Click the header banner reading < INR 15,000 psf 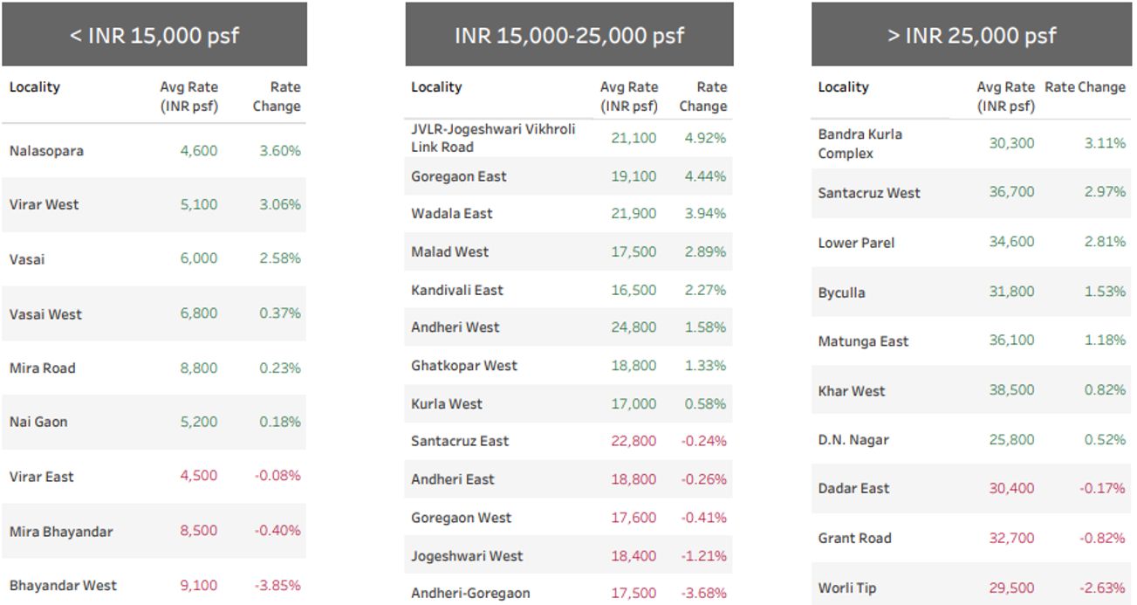click(x=154, y=35)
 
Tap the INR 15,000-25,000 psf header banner click(x=569, y=35)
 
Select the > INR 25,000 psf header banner click(x=971, y=35)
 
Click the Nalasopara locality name click(x=46, y=151)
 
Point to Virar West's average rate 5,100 click(x=199, y=204)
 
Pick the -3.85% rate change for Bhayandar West click(x=279, y=585)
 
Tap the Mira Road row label click(x=42, y=368)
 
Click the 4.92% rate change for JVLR click(x=705, y=138)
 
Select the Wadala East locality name click(x=451, y=214)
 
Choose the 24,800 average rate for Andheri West click(x=634, y=327)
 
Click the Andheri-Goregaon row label click(x=470, y=594)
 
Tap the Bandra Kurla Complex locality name click(x=860, y=144)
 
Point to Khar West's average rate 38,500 click(x=1011, y=390)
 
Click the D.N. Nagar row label click(x=853, y=440)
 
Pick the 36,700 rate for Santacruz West click(x=1011, y=192)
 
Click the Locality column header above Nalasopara click(x=34, y=87)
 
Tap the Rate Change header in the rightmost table click(x=1085, y=87)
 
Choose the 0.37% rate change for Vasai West click(x=279, y=313)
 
